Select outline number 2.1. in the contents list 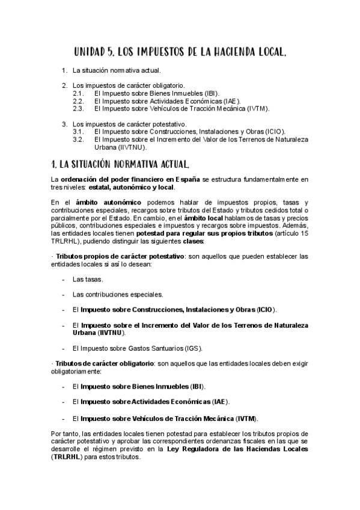(78, 94)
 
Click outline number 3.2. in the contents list (78, 138)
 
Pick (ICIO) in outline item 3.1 (272, 131)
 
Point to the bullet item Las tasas (87, 280)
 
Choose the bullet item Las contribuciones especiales (117, 295)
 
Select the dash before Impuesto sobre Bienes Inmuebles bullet (64, 387)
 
